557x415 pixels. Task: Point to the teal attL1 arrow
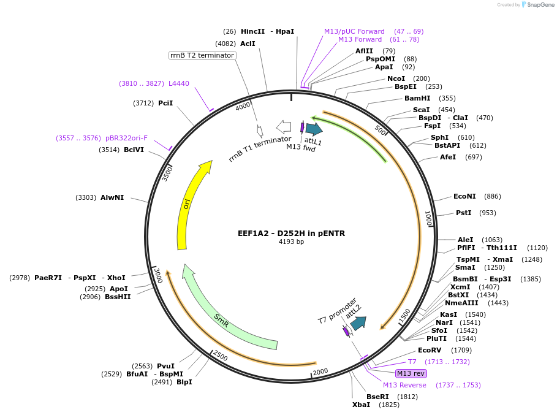coord(314,129)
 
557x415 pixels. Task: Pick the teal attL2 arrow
coord(358,323)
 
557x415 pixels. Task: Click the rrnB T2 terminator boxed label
coord(202,55)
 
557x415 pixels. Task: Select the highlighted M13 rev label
coord(411,373)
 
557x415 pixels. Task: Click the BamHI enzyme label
coord(417,98)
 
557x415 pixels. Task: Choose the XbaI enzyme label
coord(361,405)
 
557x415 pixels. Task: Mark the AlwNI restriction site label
coord(112,197)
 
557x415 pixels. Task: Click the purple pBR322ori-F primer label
coord(127,138)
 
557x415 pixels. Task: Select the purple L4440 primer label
coord(179,83)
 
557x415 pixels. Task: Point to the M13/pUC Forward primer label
coord(354,31)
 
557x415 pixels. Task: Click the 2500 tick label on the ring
coord(220,356)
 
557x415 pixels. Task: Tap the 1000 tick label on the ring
coord(428,218)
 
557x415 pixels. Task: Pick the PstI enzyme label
coord(463,213)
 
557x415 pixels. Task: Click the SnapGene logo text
coord(541,4)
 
